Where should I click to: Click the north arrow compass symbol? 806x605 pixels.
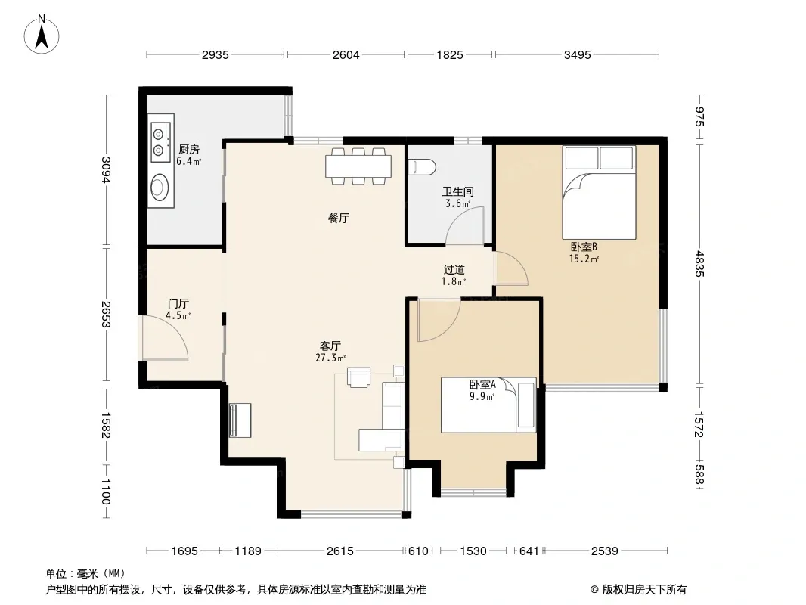[42, 35]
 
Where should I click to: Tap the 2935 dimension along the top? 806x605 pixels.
[215, 54]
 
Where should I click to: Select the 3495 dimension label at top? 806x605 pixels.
[577, 54]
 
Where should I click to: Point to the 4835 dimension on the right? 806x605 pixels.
[699, 263]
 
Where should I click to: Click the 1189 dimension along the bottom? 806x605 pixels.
[248, 551]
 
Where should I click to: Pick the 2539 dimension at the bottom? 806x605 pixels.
[604, 551]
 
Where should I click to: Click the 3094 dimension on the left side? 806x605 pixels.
[106, 169]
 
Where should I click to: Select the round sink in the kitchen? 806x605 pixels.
[160, 188]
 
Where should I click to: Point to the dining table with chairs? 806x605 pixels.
[358, 166]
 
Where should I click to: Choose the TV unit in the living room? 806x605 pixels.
[240, 420]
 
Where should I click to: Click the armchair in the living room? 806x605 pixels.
[358, 377]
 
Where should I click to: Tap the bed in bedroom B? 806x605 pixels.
[599, 192]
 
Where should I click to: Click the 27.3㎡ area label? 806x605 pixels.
[330, 358]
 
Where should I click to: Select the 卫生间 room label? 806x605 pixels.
[458, 192]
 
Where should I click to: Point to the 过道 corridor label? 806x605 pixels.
[454, 269]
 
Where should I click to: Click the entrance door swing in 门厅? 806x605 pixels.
[166, 338]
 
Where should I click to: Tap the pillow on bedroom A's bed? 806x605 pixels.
[525, 405]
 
